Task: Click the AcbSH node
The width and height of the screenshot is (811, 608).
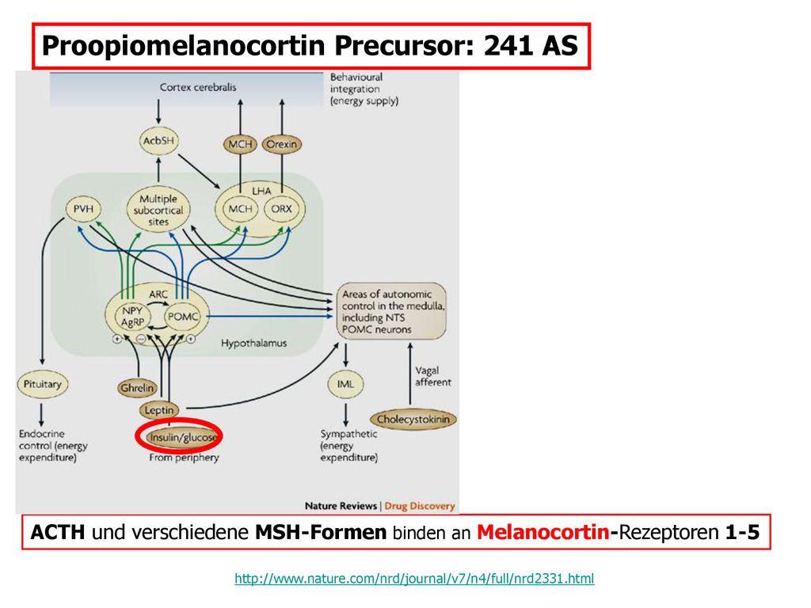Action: point(158,141)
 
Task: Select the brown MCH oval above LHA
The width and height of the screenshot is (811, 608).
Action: point(240,144)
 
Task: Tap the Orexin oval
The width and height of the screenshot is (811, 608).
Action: point(281,144)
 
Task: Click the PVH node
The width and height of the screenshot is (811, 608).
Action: point(83,209)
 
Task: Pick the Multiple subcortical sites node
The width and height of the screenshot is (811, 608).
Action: point(158,209)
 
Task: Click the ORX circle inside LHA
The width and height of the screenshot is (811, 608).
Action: point(281,209)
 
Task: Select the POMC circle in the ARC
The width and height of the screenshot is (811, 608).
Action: point(183,317)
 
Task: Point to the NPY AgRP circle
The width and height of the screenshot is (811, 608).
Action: point(132,317)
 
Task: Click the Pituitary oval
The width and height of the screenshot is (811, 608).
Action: point(43,384)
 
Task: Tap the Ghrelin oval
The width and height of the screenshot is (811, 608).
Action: point(137,388)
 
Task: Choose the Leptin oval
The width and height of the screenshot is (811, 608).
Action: point(158,410)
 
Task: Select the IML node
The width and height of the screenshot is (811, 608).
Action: point(345,384)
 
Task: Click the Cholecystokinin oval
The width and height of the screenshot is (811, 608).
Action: point(413,420)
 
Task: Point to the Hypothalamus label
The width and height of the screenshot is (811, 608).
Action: point(254,344)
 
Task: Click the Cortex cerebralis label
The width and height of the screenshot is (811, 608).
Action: point(198,87)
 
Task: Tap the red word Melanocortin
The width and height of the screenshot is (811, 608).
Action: point(543,532)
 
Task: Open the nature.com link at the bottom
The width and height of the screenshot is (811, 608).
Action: point(414,578)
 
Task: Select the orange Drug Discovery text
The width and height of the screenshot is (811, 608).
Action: point(420,506)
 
